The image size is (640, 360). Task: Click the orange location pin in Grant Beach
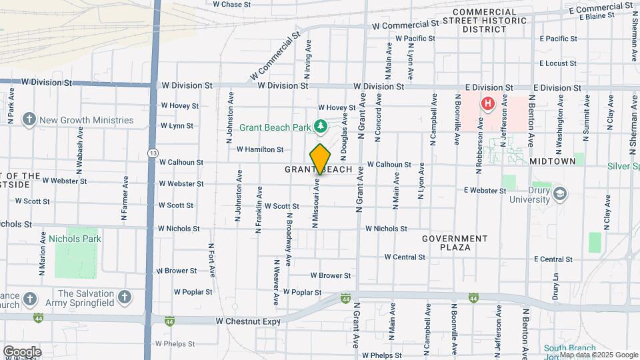[x=320, y=159]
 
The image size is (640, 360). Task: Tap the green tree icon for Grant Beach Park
[x=321, y=125]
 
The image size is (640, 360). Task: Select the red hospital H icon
[x=488, y=103]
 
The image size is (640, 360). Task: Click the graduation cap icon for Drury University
[x=560, y=193]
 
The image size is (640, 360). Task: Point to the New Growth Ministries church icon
[x=29, y=120]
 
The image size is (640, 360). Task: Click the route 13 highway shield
[x=154, y=153]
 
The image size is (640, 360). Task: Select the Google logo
[x=22, y=351]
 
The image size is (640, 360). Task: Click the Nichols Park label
[x=79, y=239]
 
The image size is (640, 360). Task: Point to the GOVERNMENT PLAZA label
[x=454, y=243]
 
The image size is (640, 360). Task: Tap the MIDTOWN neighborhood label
[x=552, y=162]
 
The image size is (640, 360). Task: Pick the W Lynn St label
[x=177, y=125]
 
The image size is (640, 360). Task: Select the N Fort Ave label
[x=211, y=255]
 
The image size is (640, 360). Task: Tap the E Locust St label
[x=558, y=63]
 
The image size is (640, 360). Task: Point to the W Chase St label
[x=231, y=4]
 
